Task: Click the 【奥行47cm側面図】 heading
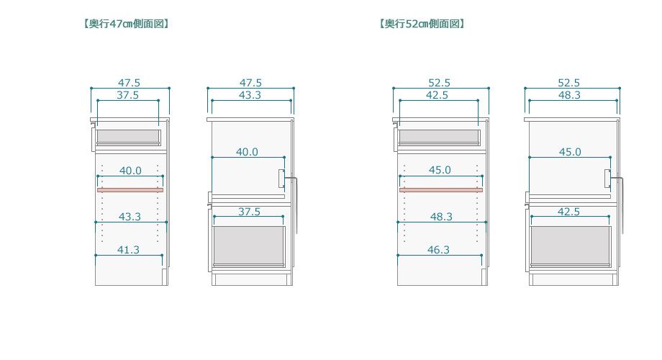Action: pos(126,24)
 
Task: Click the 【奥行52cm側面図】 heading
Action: pos(422,24)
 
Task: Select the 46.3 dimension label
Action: pos(437,250)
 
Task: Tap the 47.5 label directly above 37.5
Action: pos(129,83)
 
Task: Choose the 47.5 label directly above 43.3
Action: pos(250,83)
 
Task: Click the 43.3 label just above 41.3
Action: pos(130,217)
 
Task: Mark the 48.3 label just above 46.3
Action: pos(439,217)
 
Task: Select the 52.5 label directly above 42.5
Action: pos(438,83)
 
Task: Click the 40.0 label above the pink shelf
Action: pos(130,171)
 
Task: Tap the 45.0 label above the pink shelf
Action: pos(439,171)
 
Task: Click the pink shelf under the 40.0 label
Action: pos(130,190)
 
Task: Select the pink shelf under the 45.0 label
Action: pos(440,190)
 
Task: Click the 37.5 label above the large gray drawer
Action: pos(249,212)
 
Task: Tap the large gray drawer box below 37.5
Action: pos(249,246)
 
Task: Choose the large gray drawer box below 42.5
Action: pos(571,246)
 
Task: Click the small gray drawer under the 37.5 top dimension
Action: pos(129,137)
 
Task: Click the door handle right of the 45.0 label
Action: pos(608,179)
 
